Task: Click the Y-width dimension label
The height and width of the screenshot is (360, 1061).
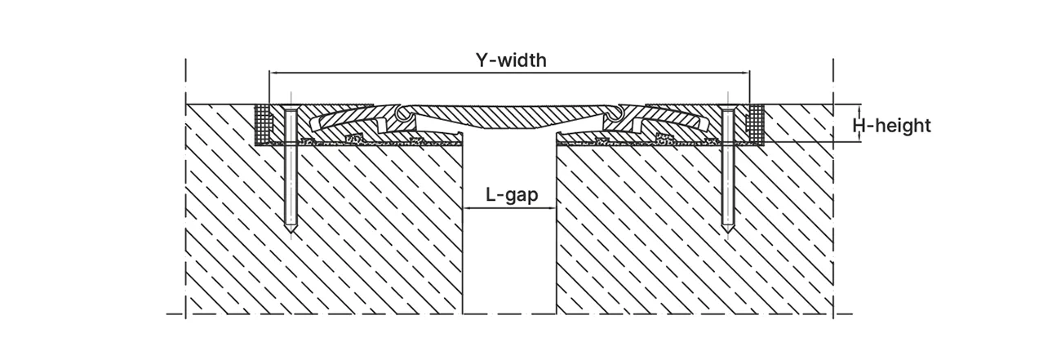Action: [511, 60]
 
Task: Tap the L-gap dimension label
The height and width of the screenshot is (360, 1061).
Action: [512, 194]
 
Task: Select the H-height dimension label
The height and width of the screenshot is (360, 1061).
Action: [891, 126]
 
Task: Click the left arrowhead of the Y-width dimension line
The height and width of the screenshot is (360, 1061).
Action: [273, 73]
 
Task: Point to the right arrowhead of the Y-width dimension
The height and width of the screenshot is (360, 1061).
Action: [745, 73]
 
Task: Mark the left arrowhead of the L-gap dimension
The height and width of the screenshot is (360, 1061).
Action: [467, 207]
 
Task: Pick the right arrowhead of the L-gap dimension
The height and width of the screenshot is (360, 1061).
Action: [552, 207]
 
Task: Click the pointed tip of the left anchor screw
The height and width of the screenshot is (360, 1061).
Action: [291, 232]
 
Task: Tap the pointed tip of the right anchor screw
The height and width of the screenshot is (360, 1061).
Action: [727, 232]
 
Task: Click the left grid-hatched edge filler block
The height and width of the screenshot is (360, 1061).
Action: [263, 125]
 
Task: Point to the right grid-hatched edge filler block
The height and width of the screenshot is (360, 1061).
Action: [755, 125]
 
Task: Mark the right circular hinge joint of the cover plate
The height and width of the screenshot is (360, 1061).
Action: [615, 113]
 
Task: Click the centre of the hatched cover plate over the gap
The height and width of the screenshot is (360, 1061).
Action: [509, 117]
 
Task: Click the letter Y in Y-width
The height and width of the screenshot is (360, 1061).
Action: [482, 60]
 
